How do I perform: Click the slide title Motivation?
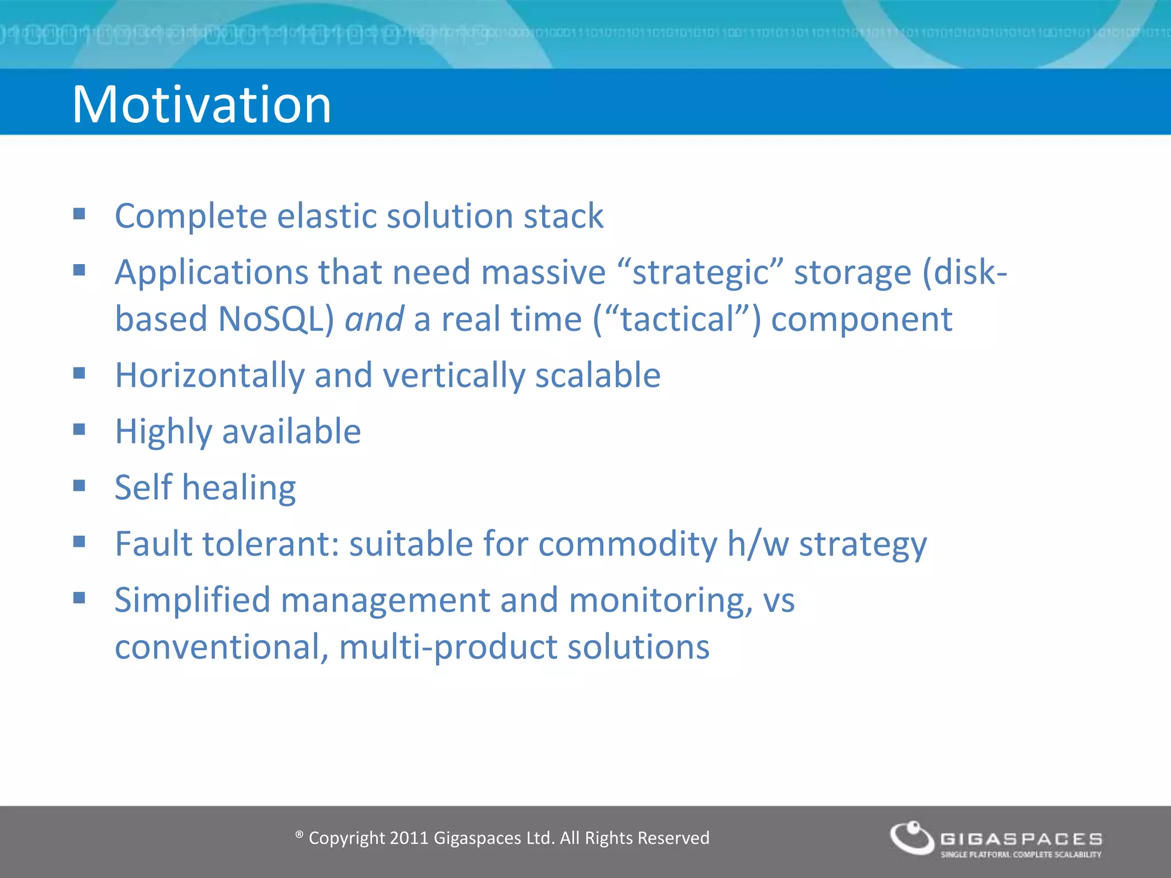[x=201, y=104]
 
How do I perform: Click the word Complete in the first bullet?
[x=191, y=217]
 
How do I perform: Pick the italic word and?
[x=374, y=319]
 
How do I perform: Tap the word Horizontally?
[x=210, y=376]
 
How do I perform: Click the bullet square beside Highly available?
[x=79, y=429]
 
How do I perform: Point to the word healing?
[x=239, y=488]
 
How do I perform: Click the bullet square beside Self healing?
[x=79, y=485]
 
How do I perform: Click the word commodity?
[x=627, y=544]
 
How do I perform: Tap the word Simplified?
[x=192, y=601]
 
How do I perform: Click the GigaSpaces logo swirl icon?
[x=912, y=837]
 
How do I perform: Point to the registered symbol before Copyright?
[x=299, y=835]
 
